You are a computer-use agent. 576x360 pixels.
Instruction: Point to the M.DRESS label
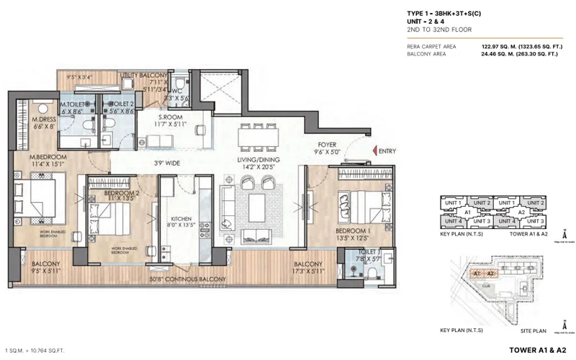(43, 121)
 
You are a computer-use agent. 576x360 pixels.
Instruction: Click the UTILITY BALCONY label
(144, 75)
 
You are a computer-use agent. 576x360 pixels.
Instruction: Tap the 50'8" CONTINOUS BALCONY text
(187, 279)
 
